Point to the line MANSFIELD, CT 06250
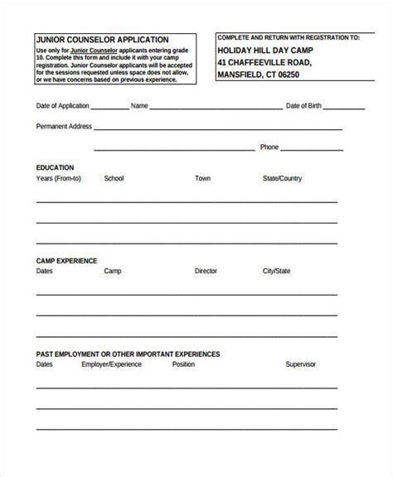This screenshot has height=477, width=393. pos(258,75)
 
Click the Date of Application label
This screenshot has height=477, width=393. pos(63,106)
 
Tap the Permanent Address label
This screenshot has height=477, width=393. pos(64,127)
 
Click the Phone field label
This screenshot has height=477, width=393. pos(269,147)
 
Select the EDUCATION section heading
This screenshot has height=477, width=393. pos(55,167)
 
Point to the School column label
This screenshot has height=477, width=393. pos(114,178)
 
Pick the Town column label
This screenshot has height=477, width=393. pos(203,178)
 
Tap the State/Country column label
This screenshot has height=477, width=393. pos(283,178)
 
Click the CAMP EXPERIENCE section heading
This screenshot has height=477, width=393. pos(67,260)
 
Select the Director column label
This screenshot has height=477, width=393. pos(206,271)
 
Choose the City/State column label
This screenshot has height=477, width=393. pos(276,271)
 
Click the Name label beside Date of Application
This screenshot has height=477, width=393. pos(139,106)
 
